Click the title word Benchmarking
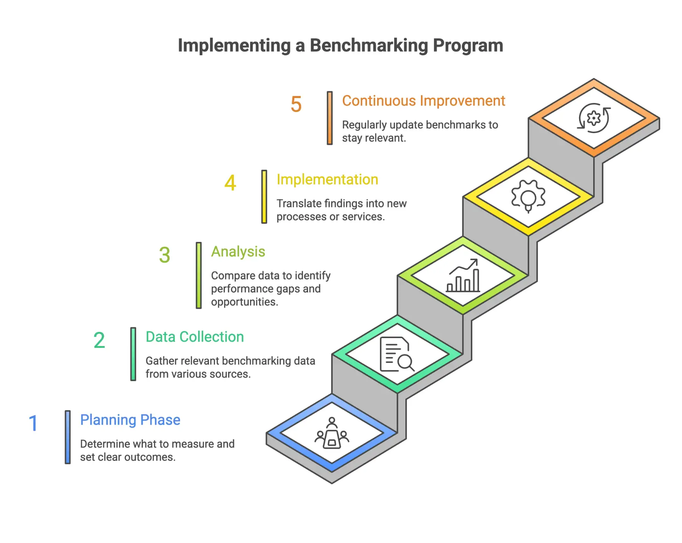pyautogui.click(x=369, y=45)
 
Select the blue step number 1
pyautogui.click(x=33, y=423)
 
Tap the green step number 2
pyautogui.click(x=99, y=340)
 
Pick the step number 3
pyautogui.click(x=165, y=255)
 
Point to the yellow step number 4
pyautogui.click(x=230, y=183)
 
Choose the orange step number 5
pyautogui.click(x=296, y=104)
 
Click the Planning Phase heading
pyautogui.click(x=130, y=420)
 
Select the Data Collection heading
pyautogui.click(x=195, y=337)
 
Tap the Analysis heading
pyautogui.click(x=238, y=252)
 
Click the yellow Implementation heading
pyautogui.click(x=327, y=179)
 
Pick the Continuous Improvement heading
pyautogui.click(x=424, y=101)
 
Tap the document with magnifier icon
pyautogui.click(x=397, y=354)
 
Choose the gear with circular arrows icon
pyautogui.click(x=593, y=118)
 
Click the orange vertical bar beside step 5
pyautogui.click(x=330, y=118)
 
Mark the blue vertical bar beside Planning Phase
pyautogui.click(x=67, y=437)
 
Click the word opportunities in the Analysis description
pyautogui.click(x=244, y=302)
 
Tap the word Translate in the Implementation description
pyautogui.click(x=299, y=204)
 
